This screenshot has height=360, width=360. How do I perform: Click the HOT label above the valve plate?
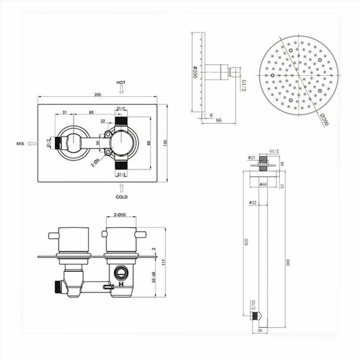click(121, 83)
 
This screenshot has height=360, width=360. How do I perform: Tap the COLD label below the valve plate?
click(122, 197)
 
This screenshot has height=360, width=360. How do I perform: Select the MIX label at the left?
click(20, 144)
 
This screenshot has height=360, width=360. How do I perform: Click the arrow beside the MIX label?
click(32, 144)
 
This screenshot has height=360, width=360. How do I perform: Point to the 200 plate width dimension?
click(98, 95)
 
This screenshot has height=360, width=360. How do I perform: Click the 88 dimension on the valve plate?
click(150, 143)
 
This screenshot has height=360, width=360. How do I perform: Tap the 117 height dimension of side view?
click(163, 262)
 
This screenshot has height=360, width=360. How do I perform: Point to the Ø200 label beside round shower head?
click(324, 119)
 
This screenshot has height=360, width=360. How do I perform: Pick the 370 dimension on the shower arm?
click(245, 243)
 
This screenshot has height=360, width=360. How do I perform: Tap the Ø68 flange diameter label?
click(263, 184)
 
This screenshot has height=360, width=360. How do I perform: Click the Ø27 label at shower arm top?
click(252, 157)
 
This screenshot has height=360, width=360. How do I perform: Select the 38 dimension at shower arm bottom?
click(260, 331)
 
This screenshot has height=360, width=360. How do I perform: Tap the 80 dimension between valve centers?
click(91, 112)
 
